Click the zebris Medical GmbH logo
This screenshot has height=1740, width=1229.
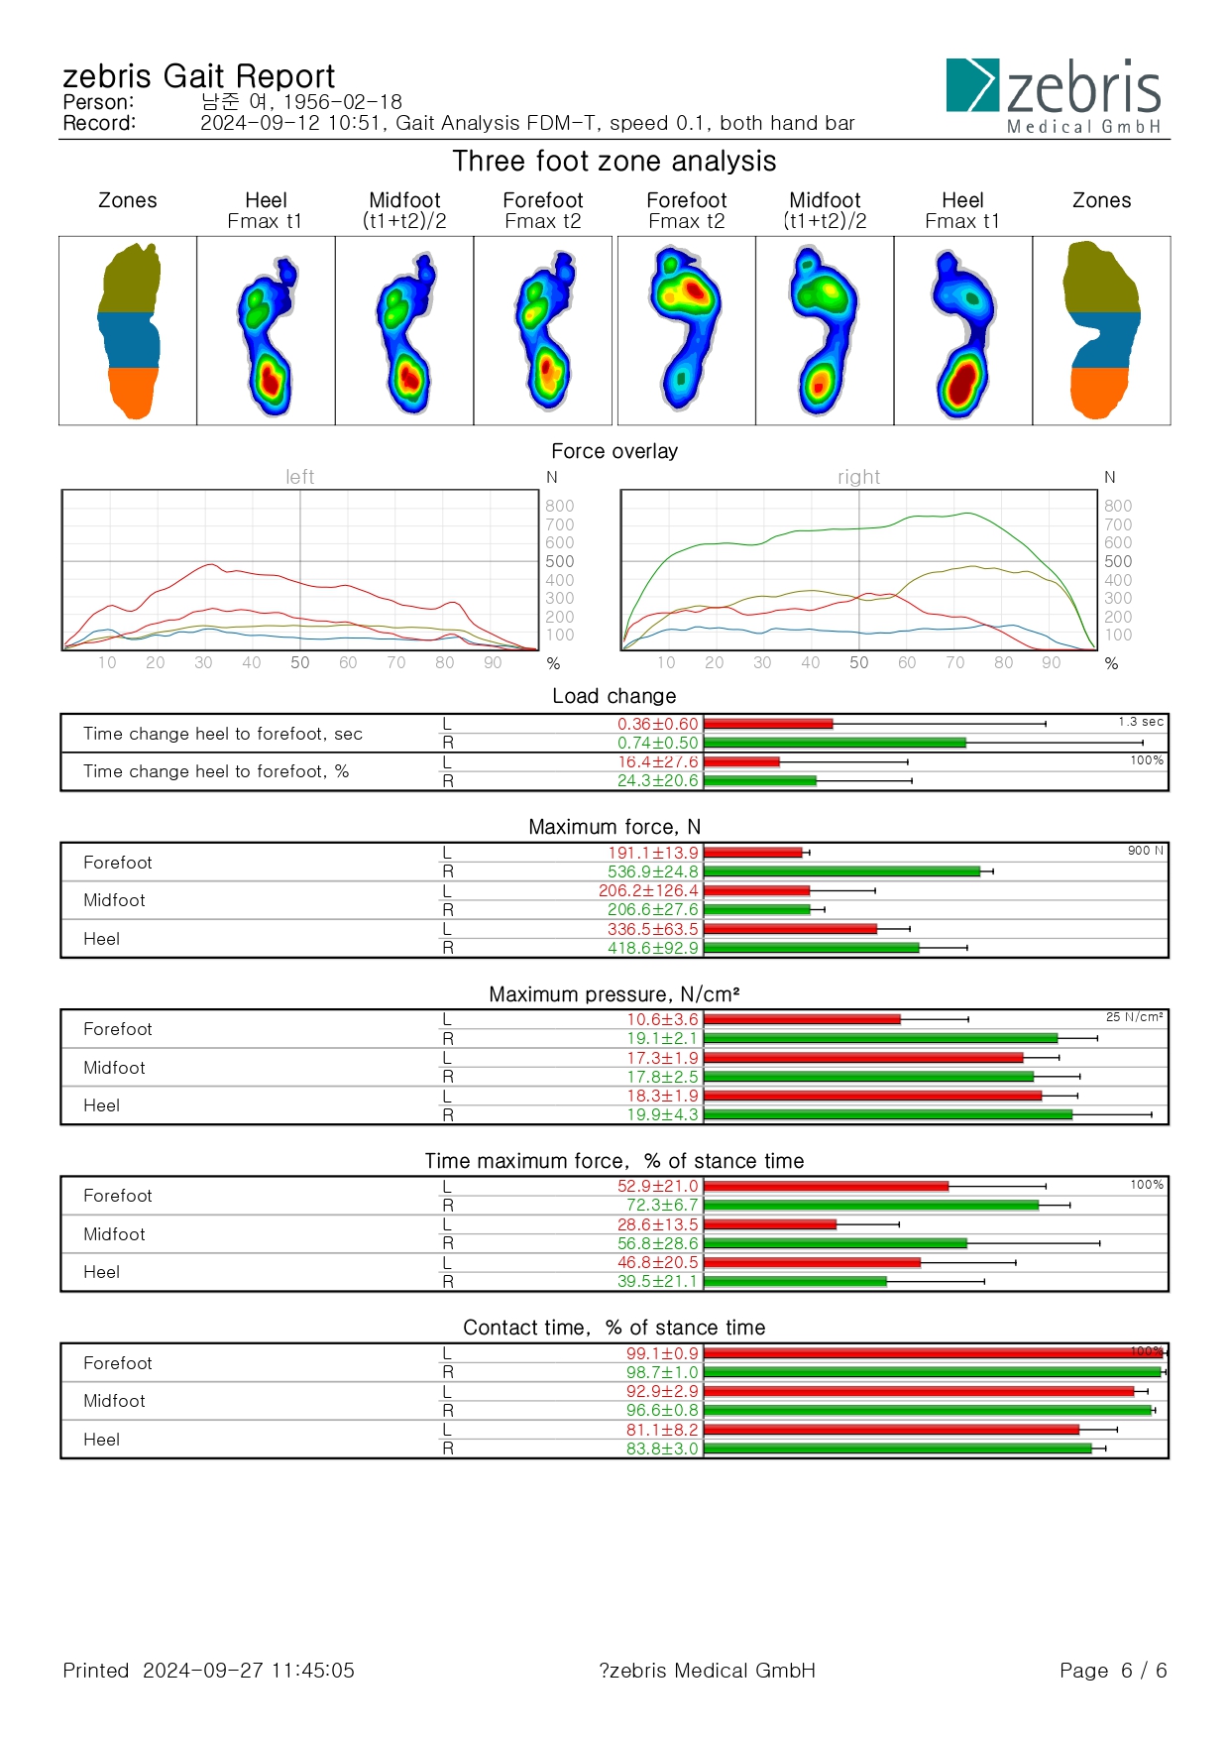pos(1054,95)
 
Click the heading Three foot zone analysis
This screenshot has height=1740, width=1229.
pos(614,161)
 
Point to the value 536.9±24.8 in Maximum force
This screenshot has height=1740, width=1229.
pos(652,871)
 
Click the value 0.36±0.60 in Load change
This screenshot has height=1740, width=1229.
pos(657,724)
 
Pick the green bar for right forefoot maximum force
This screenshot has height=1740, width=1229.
pos(841,871)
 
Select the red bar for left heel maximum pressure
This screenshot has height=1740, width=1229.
pos(872,1096)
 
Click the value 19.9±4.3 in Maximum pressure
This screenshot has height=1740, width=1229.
pos(662,1114)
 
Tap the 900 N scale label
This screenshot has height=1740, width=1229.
pos(1145,851)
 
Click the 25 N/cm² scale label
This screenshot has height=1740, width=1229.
pos(1134,1017)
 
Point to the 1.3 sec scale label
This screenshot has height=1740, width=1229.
pos(1141,722)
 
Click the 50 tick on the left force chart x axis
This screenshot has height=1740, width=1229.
pos(299,662)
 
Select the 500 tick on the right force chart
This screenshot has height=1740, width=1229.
pos(1118,561)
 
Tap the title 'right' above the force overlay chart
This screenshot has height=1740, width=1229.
pos(858,477)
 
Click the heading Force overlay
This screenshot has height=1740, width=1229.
pos(614,451)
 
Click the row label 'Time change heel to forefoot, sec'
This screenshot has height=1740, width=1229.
pos(223,734)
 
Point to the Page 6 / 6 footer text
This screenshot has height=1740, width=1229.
pos(1113,1671)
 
